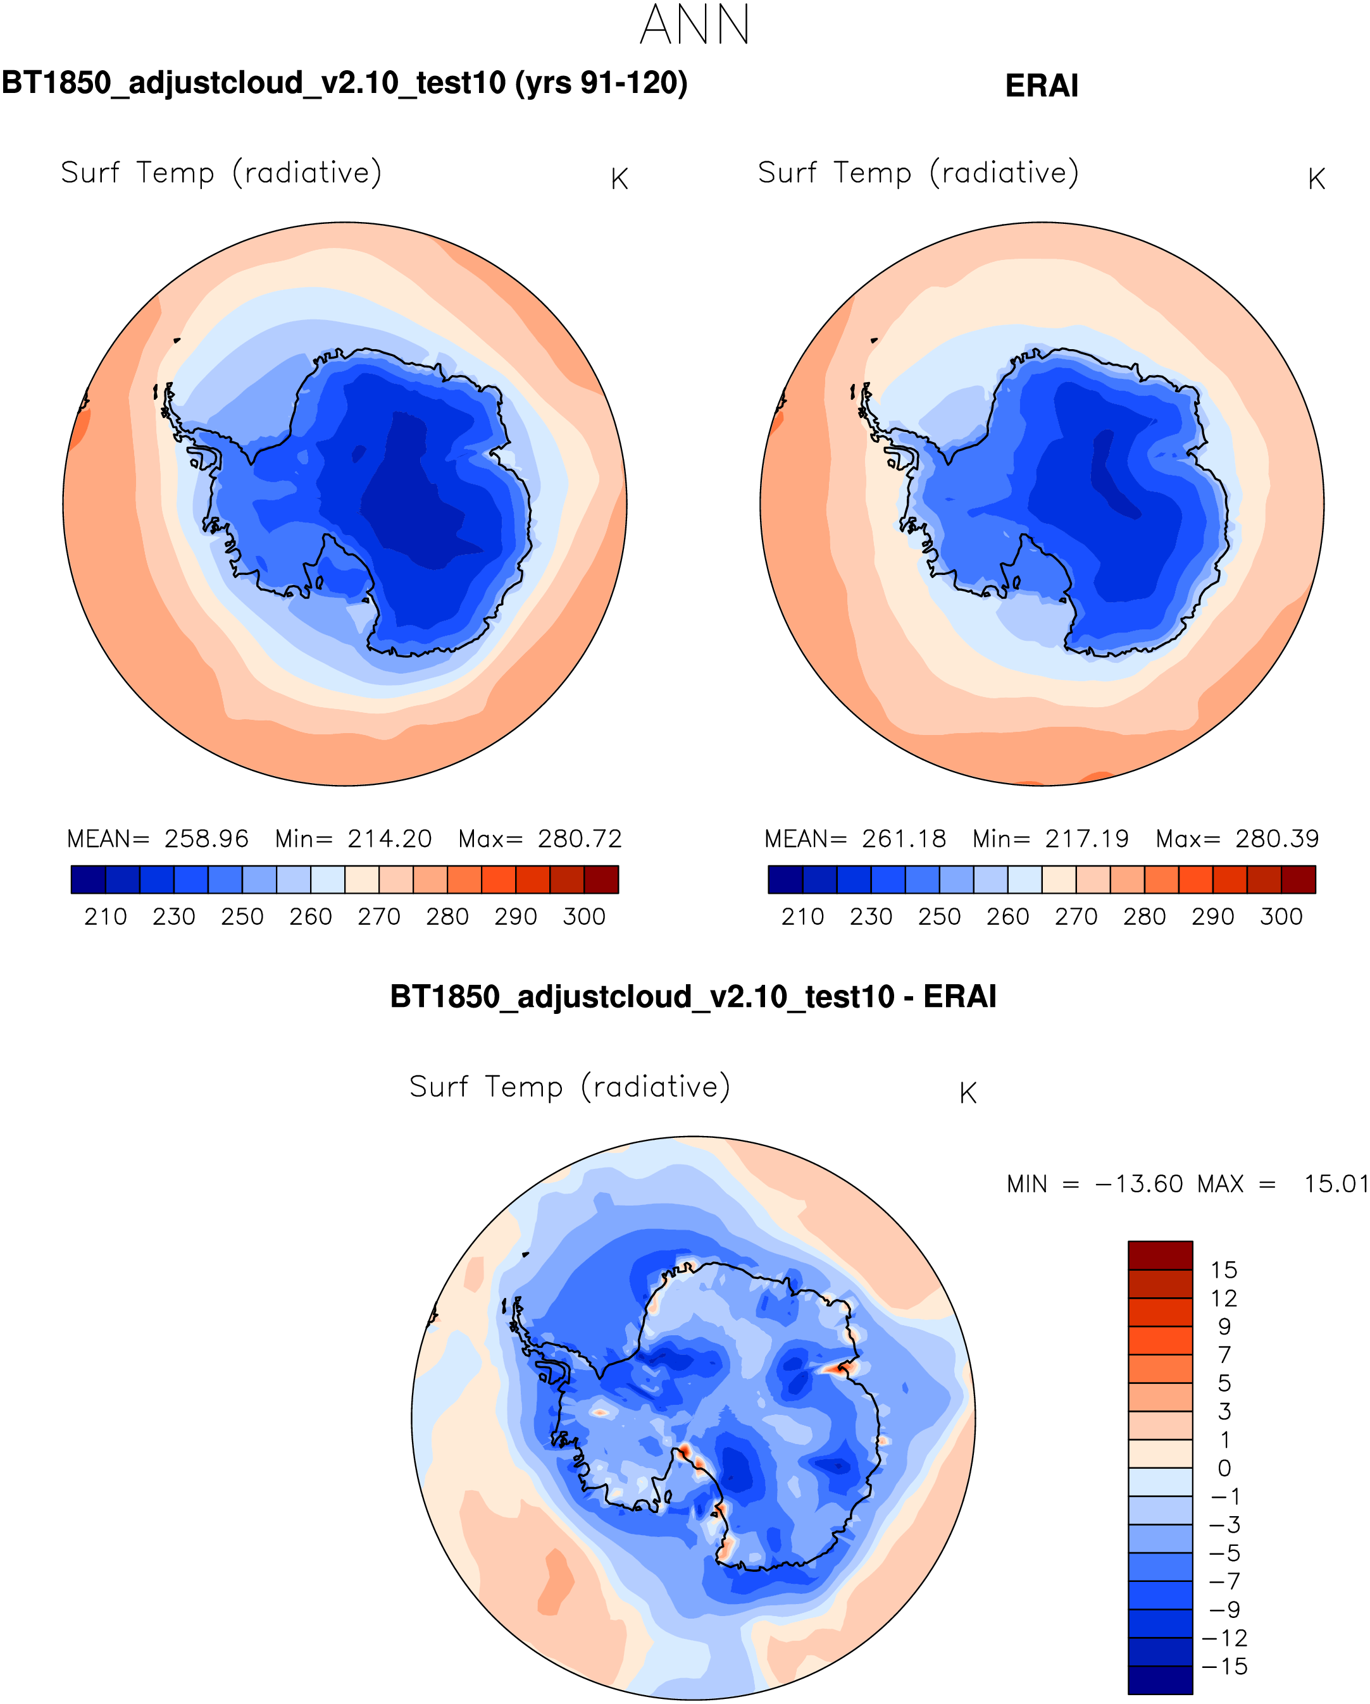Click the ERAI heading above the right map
1041,85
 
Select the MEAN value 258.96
206,839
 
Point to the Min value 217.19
1087,839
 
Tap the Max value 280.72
580,839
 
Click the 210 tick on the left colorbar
105,917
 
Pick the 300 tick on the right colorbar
1281,917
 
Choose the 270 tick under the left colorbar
378,917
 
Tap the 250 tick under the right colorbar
939,917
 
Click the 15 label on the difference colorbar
1223,1270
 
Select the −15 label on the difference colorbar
1224,1666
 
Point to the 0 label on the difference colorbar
1224,1469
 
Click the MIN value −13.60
1138,1184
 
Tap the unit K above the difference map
968,1094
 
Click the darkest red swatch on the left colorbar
601,880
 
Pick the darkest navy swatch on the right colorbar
785,880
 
